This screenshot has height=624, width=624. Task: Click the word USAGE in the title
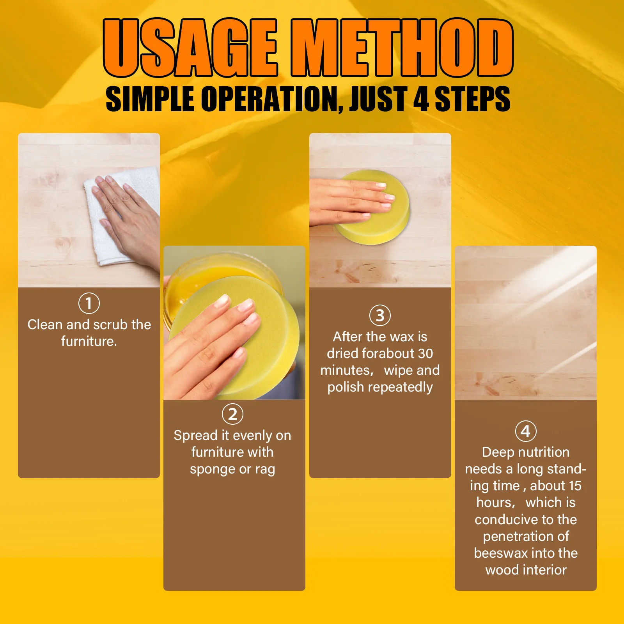pyautogui.click(x=190, y=48)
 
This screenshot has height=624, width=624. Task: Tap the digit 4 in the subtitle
pyautogui.click(x=421, y=99)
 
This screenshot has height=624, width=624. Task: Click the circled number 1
pyautogui.click(x=89, y=303)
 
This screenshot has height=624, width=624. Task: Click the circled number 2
pyautogui.click(x=232, y=414)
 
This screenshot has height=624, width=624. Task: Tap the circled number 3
pyautogui.click(x=380, y=316)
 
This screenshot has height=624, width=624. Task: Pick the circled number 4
pyautogui.click(x=525, y=431)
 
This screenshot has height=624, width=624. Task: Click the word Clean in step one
pyautogui.click(x=45, y=324)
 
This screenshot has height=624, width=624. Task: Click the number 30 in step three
pyautogui.click(x=425, y=353)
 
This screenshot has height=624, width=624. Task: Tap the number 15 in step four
pyautogui.click(x=575, y=486)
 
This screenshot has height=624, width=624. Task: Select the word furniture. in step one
pyautogui.click(x=89, y=342)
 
